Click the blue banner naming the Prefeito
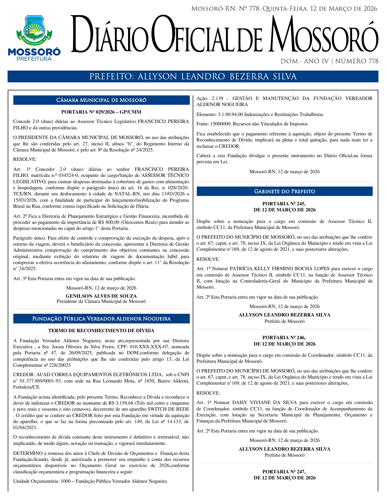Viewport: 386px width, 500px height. pyautogui.click(x=193, y=77)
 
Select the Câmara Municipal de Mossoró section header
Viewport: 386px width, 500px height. pyautogui.click(x=101, y=100)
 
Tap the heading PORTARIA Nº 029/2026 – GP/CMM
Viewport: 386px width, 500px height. pyautogui.click(x=101, y=112)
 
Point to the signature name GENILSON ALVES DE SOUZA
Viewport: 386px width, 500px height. pyautogui.click(x=101, y=296)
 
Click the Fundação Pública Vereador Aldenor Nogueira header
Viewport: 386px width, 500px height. pyautogui.click(x=101, y=319)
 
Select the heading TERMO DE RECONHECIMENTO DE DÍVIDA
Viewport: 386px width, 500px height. pyautogui.click(x=101, y=331)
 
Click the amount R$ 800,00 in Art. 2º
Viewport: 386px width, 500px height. pyautogui.click(x=109, y=222)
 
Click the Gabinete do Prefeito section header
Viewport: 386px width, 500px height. pyautogui.click(x=284, y=191)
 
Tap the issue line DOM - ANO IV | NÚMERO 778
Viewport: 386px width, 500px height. pyautogui.click(x=329, y=61)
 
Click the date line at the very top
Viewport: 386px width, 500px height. pyautogui.click(x=285, y=9)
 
